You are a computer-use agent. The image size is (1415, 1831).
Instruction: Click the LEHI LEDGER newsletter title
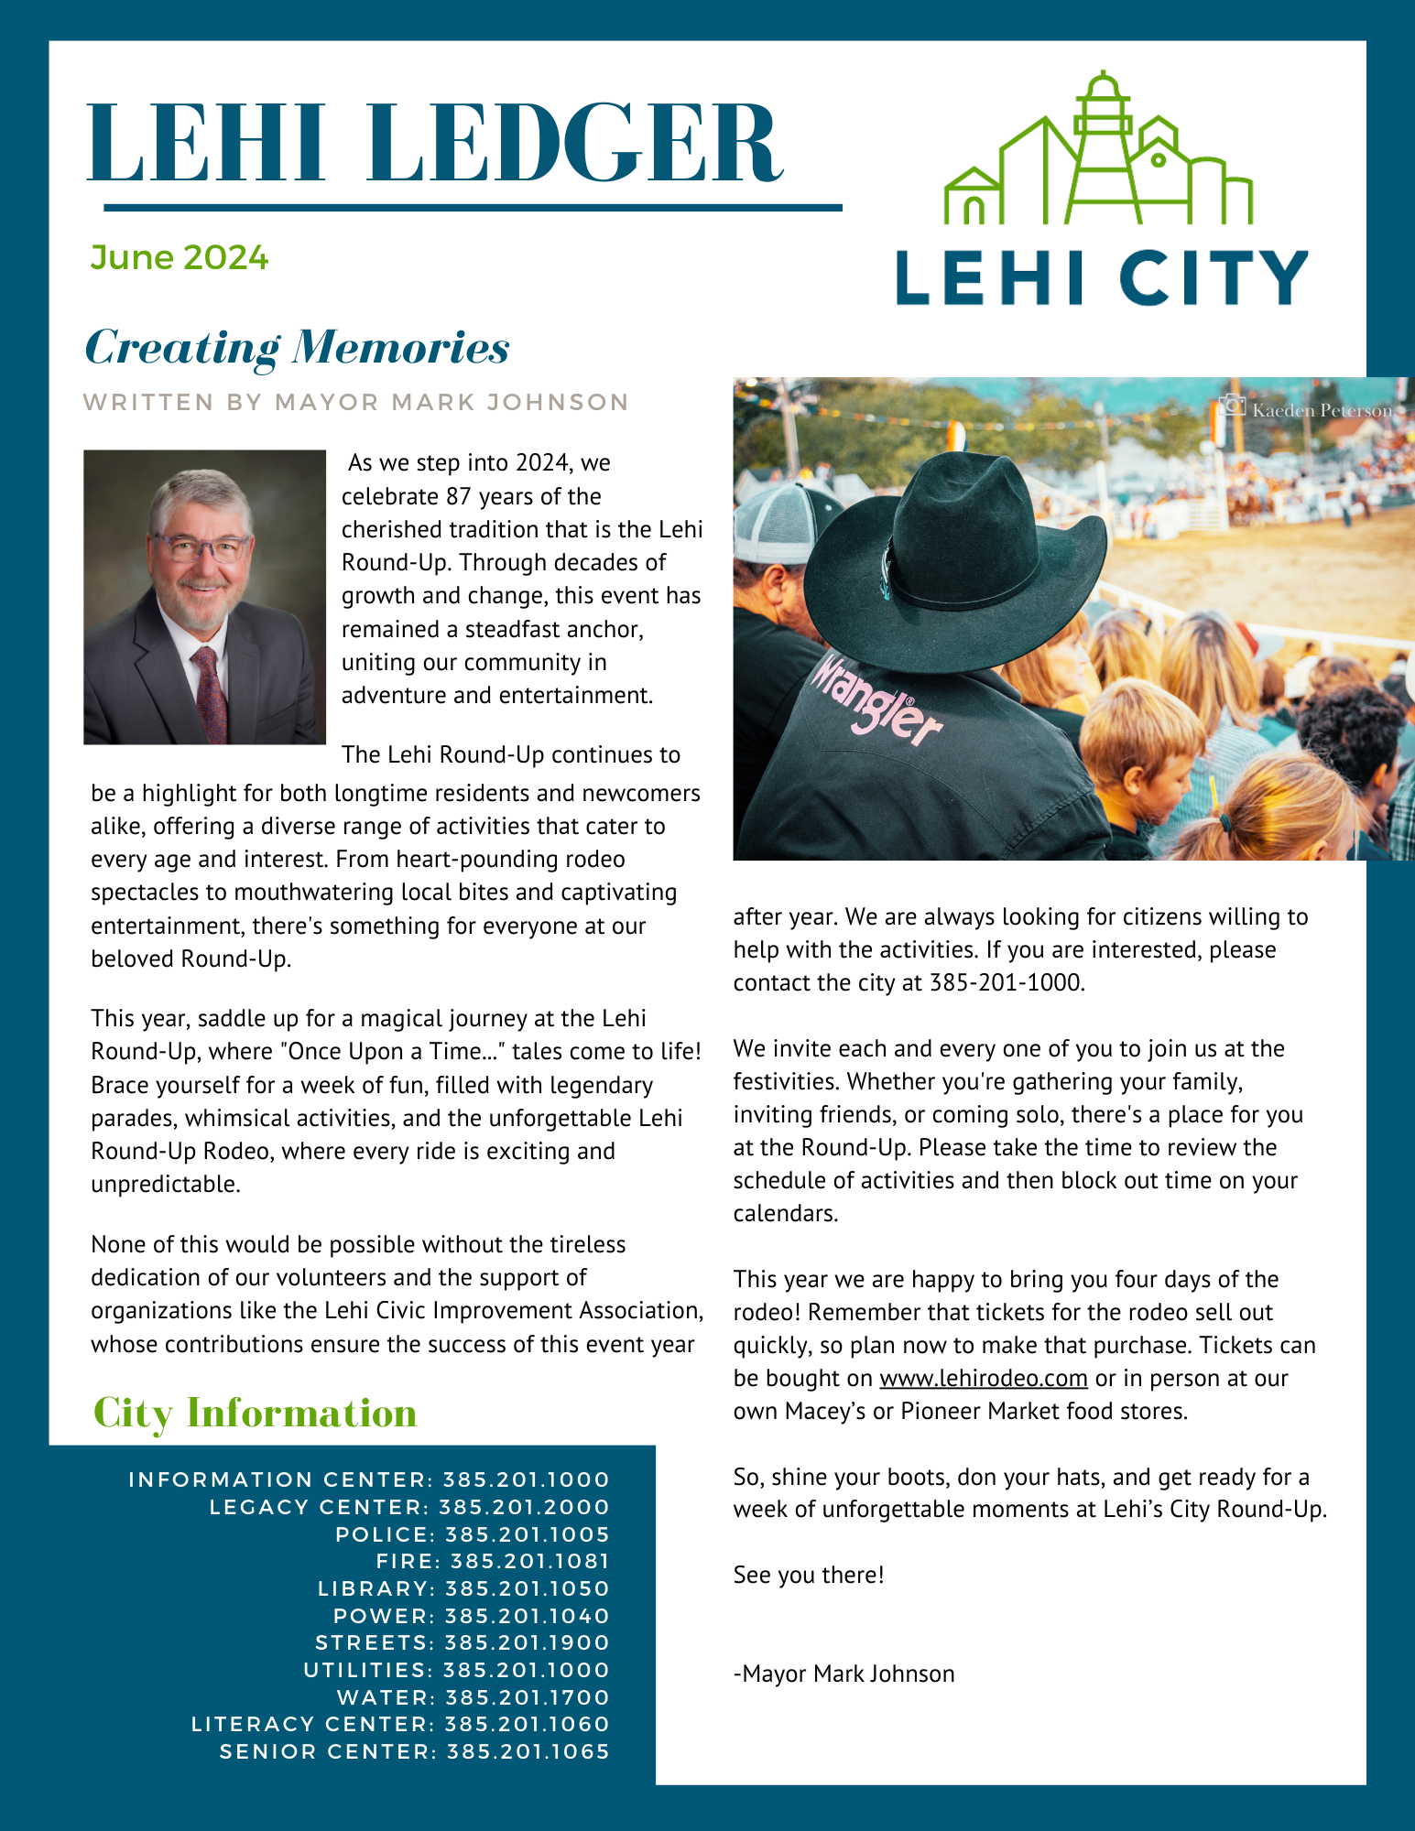(x=435, y=145)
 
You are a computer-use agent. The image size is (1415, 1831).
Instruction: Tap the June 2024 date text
(x=180, y=258)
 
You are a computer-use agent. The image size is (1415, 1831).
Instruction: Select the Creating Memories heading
(x=297, y=348)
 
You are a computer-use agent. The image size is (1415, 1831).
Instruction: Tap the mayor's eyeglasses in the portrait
(x=201, y=548)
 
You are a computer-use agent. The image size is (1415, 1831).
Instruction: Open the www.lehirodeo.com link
(x=983, y=1378)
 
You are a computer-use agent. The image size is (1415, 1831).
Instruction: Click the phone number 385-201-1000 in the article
(x=1006, y=983)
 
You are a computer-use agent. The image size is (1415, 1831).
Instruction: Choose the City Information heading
(x=256, y=1413)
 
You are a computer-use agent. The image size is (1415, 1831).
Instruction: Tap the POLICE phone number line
(x=473, y=1534)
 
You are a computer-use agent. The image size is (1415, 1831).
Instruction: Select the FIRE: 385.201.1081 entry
(x=493, y=1561)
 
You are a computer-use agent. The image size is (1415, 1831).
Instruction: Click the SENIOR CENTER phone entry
(x=414, y=1751)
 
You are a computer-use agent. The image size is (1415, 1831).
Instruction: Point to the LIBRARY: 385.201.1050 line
(x=463, y=1588)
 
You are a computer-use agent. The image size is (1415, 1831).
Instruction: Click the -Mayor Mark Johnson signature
(x=844, y=1674)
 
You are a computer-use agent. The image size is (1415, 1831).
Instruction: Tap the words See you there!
(x=809, y=1575)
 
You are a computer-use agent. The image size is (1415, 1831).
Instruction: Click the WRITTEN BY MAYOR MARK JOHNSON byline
(x=355, y=403)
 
